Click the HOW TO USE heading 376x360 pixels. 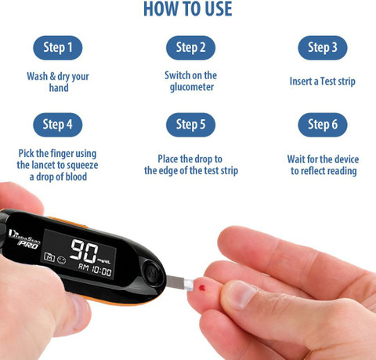tap(188, 9)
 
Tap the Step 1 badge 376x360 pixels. tap(58, 48)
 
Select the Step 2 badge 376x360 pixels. tap(190, 48)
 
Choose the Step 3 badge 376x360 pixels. tap(323, 48)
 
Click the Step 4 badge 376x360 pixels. tap(58, 125)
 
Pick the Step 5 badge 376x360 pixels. tap(190, 125)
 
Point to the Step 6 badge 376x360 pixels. tap(323, 125)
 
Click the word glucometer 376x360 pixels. tap(192, 87)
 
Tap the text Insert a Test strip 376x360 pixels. tap(323, 82)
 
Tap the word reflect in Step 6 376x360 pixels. tap(313, 171)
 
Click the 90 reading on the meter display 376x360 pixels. tap(84, 251)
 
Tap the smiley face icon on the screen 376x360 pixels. tap(62, 260)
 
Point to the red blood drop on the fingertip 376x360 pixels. tap(202, 288)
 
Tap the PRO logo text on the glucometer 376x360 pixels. tap(28, 245)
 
